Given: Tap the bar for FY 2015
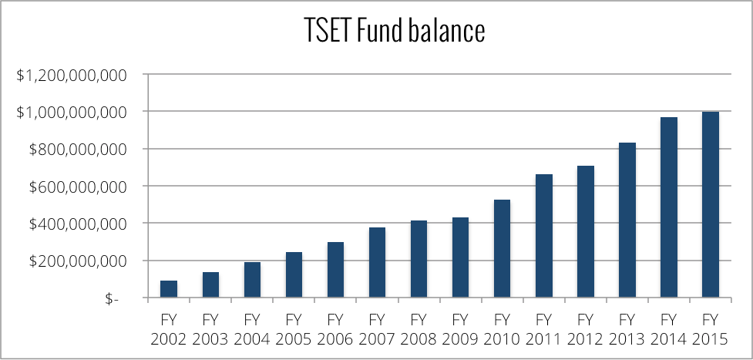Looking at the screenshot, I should click(710, 205).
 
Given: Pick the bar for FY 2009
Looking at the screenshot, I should click(460, 257).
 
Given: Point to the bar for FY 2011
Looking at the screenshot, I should click(543, 236).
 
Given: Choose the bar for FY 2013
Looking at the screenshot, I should click(627, 220).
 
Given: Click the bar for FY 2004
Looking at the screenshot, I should click(252, 280).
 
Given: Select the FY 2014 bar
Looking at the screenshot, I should click(668, 207).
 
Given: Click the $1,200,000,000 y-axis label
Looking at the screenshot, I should click(70, 75).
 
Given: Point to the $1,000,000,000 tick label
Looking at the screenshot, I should click(70, 112).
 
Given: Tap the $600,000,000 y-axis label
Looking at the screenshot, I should click(75, 187).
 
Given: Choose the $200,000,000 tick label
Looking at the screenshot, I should click(75, 261).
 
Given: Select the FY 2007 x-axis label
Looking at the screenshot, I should click(377, 329).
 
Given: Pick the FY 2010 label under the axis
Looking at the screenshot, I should click(502, 329).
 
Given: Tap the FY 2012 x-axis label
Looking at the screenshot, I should click(585, 329).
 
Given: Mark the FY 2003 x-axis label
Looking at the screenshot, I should click(210, 329).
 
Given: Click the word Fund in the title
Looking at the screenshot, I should click(375, 32).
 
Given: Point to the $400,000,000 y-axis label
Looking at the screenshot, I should click(75, 224).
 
